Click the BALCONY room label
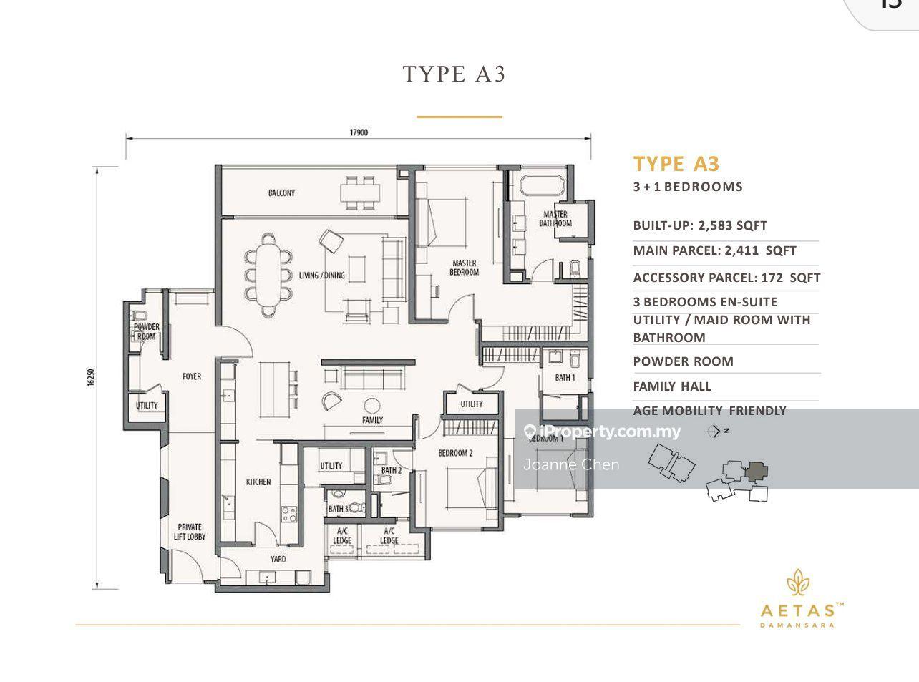pyautogui.click(x=281, y=193)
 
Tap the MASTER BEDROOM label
pyautogui.click(x=464, y=267)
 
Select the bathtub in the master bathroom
pyautogui.click(x=542, y=186)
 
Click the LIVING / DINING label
pyautogui.click(x=321, y=275)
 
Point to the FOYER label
pyautogui.click(x=191, y=376)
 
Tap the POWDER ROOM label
pyautogui.click(x=146, y=331)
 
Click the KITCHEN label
pyautogui.click(x=258, y=482)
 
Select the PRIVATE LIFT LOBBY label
pyautogui.click(x=190, y=531)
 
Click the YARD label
pyautogui.click(x=278, y=559)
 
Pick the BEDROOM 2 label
pyautogui.click(x=455, y=453)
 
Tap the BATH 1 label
pyautogui.click(x=565, y=377)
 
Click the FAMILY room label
pyautogui.click(x=372, y=420)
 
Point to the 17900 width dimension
pyautogui.click(x=358, y=132)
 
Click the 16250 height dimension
pyautogui.click(x=91, y=378)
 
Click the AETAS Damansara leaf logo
pyautogui.click(x=797, y=583)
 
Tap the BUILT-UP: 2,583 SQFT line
pyautogui.click(x=699, y=225)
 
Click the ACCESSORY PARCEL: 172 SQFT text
pyautogui.click(x=726, y=278)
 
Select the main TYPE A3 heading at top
pyautogui.click(x=454, y=74)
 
